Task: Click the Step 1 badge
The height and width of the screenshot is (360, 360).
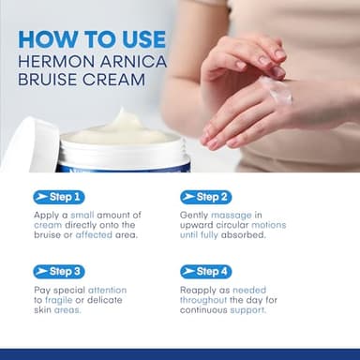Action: [x=58, y=197]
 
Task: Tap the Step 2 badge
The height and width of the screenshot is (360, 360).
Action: [x=204, y=197]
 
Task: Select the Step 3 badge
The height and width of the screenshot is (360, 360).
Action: [x=58, y=271]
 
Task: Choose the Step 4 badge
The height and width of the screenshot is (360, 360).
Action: [x=204, y=271]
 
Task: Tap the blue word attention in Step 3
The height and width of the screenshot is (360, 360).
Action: [x=106, y=290]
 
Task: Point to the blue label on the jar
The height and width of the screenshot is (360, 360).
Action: [x=122, y=164]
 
